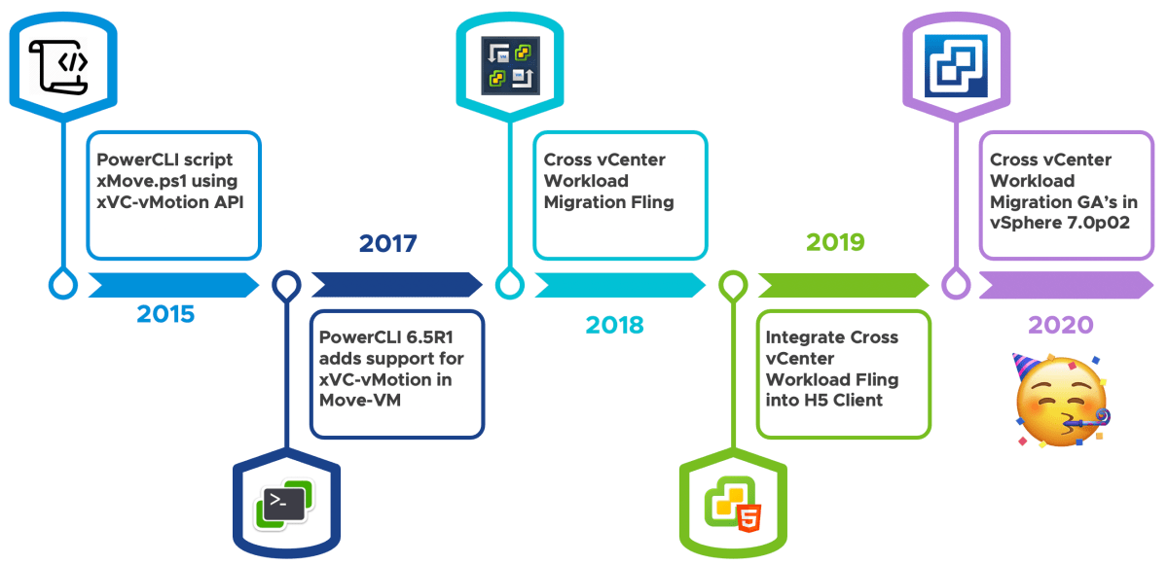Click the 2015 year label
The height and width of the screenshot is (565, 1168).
[165, 314]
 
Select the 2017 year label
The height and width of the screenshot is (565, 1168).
[388, 243]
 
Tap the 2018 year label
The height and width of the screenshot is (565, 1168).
[615, 325]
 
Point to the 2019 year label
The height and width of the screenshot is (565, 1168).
[835, 242]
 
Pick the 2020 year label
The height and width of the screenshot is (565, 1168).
[1061, 325]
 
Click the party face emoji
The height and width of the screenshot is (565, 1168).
[1061, 400]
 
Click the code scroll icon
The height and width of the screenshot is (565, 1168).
[58, 67]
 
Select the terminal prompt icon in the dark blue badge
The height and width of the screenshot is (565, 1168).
[284, 504]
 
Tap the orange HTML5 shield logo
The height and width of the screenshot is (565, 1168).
[748, 517]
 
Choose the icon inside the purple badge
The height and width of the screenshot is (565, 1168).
[956, 65]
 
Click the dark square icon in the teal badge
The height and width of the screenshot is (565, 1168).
[510, 65]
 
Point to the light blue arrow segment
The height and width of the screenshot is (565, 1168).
[173, 285]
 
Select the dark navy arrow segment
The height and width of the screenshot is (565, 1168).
[397, 285]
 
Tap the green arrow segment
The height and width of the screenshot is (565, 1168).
[844, 285]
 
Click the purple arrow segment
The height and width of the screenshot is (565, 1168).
[1067, 285]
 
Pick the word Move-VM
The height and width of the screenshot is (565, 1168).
[360, 400]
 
